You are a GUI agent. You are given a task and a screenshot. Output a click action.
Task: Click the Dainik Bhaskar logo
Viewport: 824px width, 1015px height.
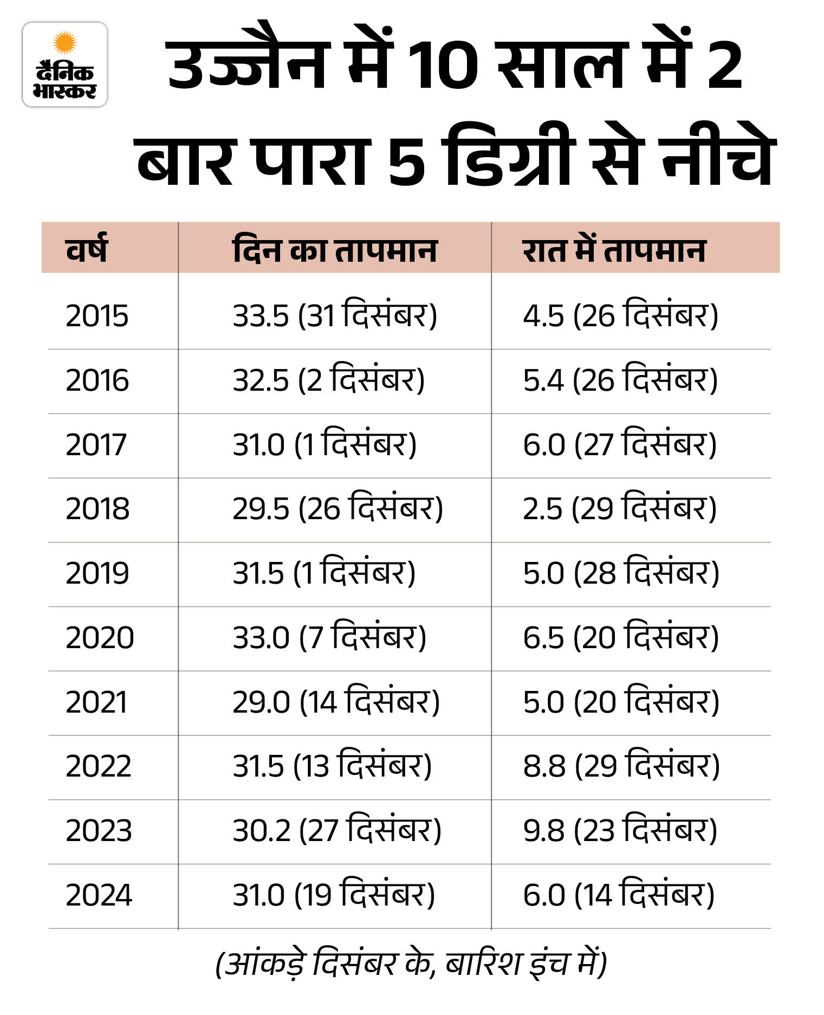tap(64, 64)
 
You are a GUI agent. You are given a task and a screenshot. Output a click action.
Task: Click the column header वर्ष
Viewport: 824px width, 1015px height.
tap(87, 250)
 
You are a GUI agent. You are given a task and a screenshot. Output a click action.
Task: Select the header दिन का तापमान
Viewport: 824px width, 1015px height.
tap(334, 250)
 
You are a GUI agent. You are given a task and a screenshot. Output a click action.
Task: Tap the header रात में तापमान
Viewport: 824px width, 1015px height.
tap(614, 250)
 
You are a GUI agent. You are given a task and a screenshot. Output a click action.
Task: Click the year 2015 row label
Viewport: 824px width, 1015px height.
tap(97, 315)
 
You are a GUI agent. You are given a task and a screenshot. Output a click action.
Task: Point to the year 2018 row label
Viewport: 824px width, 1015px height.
tap(98, 509)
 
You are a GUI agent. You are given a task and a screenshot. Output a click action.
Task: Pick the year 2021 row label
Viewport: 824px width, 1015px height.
tap(96, 702)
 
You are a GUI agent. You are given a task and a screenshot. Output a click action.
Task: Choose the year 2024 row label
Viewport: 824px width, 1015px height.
tap(99, 895)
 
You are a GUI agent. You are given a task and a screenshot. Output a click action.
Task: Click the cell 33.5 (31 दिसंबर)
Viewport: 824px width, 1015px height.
tap(334, 315)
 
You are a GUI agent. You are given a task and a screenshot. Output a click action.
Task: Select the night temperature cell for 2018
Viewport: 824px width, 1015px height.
tap(620, 509)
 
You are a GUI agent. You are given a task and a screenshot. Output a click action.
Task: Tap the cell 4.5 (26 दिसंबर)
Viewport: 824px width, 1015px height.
tap(620, 315)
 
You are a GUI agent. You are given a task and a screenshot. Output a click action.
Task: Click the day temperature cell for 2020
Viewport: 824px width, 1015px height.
tap(329, 638)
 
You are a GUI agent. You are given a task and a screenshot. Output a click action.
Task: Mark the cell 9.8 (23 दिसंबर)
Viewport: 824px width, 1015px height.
tap(620, 831)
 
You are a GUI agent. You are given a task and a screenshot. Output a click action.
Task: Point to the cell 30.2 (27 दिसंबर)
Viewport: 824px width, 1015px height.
tap(337, 831)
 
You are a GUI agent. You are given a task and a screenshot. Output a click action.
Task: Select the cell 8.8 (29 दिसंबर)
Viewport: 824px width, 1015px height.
tap(621, 766)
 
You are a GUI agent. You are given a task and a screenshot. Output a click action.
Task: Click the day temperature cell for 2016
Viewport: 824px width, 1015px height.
tap(329, 380)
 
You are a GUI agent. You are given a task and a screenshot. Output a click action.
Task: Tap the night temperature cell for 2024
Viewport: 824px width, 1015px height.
tap(619, 895)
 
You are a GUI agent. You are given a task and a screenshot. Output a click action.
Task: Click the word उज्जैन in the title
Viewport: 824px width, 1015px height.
tap(249, 65)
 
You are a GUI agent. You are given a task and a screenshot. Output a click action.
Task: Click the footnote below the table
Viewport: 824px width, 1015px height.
tap(411, 964)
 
